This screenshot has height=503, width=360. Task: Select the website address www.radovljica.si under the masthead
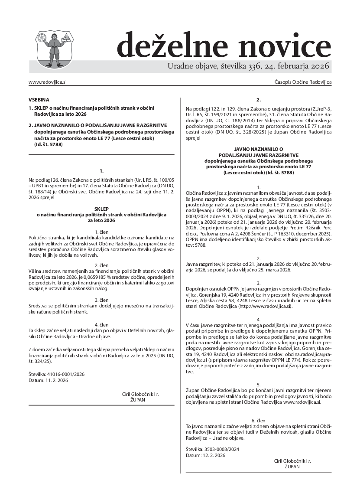47,82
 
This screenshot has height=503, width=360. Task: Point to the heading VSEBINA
39,99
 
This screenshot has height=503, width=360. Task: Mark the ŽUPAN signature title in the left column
138,400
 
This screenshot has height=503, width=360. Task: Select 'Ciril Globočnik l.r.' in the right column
292,461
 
